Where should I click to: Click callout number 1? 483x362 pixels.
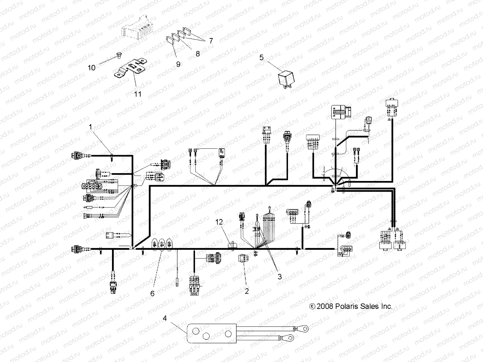(90, 127)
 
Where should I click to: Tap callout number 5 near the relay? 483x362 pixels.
(261, 57)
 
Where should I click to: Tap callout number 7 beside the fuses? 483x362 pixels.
(209, 41)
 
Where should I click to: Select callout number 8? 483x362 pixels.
(198, 54)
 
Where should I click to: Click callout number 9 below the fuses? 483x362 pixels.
(178, 64)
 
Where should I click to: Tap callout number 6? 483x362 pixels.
(152, 293)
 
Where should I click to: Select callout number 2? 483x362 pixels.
(247, 292)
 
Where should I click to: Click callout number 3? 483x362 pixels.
(280, 277)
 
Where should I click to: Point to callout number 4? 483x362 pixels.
(165, 318)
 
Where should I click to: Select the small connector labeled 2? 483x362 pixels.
(244, 259)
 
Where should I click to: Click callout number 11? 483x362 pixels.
(138, 94)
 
